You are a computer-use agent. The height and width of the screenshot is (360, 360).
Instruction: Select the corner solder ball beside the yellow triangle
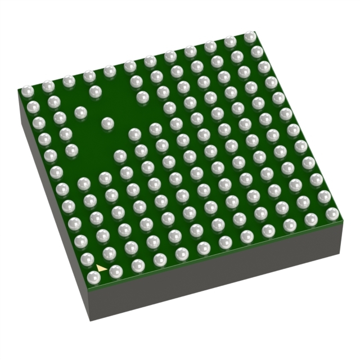[94, 277]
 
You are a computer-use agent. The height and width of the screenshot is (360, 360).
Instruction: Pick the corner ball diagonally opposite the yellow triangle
[250, 37]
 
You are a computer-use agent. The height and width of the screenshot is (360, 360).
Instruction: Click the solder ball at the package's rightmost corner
[332, 213]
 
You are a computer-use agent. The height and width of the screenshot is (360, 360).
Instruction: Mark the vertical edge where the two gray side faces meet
[91, 304]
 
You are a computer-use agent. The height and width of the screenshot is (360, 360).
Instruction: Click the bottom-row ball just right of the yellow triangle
[116, 272]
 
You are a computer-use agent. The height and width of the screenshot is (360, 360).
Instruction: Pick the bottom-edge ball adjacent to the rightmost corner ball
[311, 219]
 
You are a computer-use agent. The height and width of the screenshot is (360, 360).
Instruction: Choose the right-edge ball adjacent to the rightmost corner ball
[324, 196]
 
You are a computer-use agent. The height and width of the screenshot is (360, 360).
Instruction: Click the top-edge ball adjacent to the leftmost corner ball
[48, 86]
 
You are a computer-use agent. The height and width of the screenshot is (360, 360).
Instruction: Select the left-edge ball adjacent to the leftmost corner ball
[33, 107]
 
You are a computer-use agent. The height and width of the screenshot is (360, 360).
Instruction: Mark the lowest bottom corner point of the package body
[91, 321]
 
